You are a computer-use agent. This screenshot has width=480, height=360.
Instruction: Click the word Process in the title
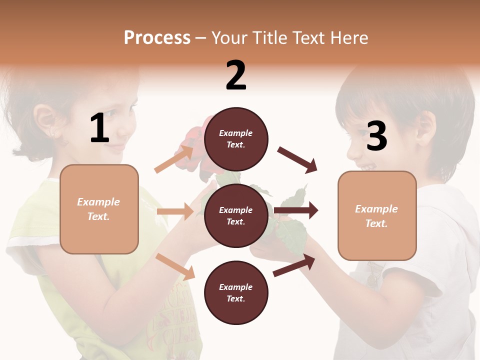pos(157,38)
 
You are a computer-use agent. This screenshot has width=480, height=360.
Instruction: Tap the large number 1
pos(99,128)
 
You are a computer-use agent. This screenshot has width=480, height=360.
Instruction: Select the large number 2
pos(236,75)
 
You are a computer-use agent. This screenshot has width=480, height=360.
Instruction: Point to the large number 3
pos(376,136)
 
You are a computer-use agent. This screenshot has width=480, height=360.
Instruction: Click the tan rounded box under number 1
pos(99,209)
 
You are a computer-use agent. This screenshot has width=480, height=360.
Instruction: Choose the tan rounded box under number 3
pos(377,215)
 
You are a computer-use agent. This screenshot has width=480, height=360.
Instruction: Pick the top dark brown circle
pos(236,139)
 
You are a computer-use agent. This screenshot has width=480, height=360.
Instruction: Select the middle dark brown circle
pos(236,215)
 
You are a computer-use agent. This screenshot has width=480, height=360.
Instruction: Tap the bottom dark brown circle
pos(236,292)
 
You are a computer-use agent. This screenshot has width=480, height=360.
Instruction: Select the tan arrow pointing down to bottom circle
pos(175,266)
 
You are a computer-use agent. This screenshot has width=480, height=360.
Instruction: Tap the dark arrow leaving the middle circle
pos(296,211)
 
